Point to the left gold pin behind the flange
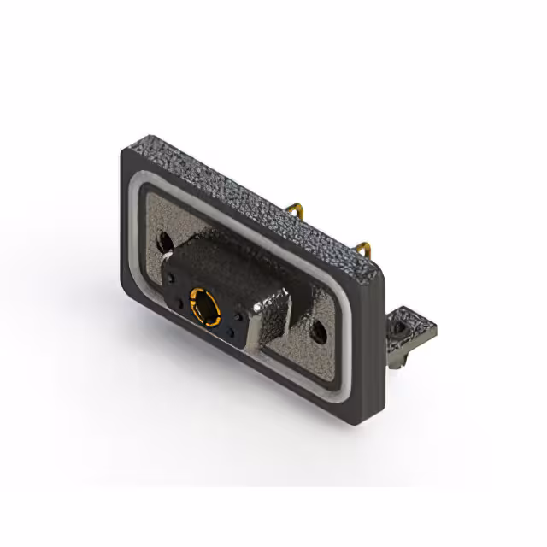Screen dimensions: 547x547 (x=294, y=209)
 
